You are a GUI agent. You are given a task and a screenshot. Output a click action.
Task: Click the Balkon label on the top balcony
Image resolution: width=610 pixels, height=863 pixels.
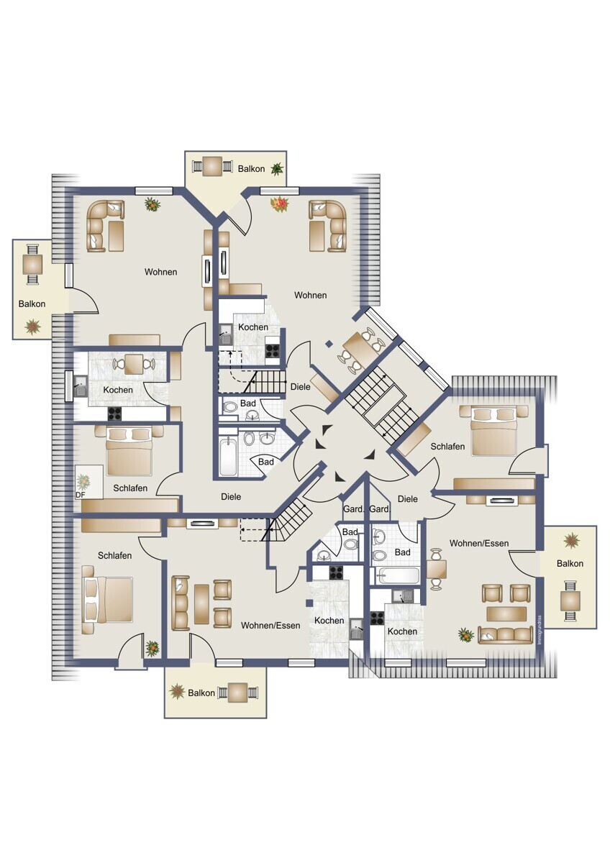[x=251, y=169]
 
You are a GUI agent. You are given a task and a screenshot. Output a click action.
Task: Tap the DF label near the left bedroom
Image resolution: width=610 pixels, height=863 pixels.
[x=80, y=495]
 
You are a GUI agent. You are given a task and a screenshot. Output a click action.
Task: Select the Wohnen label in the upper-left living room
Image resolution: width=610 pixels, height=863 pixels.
[x=160, y=272]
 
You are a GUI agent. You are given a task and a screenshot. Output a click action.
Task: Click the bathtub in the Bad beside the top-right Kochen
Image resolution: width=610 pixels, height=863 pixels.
[x=228, y=456]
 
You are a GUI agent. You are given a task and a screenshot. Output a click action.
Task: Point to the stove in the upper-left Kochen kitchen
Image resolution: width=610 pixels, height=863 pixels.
[x=114, y=414]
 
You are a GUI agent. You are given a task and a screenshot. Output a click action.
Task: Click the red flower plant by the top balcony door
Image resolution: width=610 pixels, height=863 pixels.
[x=279, y=204]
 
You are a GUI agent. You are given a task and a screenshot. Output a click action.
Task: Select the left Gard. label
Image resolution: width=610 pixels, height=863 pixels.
[x=353, y=509]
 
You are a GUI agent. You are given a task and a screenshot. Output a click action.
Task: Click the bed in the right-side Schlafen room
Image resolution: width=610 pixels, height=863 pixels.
[x=494, y=431]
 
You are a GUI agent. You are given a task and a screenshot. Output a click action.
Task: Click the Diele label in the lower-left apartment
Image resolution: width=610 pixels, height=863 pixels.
[x=231, y=497]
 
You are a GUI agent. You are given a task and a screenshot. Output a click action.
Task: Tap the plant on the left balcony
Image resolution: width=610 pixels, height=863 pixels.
[x=33, y=327]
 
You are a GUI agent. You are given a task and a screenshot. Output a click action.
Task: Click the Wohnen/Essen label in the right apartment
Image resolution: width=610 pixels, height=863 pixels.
[x=479, y=543]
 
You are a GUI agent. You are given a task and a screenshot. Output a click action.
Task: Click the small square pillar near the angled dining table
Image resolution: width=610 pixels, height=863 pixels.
[x=328, y=344]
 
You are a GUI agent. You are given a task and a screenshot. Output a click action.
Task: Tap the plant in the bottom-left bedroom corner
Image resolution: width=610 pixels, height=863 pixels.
[x=152, y=649]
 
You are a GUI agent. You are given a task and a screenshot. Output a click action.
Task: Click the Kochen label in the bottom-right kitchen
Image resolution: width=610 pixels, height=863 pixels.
[x=402, y=631]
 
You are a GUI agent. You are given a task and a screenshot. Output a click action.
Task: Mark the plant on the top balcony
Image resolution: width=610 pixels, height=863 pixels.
[x=277, y=169]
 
